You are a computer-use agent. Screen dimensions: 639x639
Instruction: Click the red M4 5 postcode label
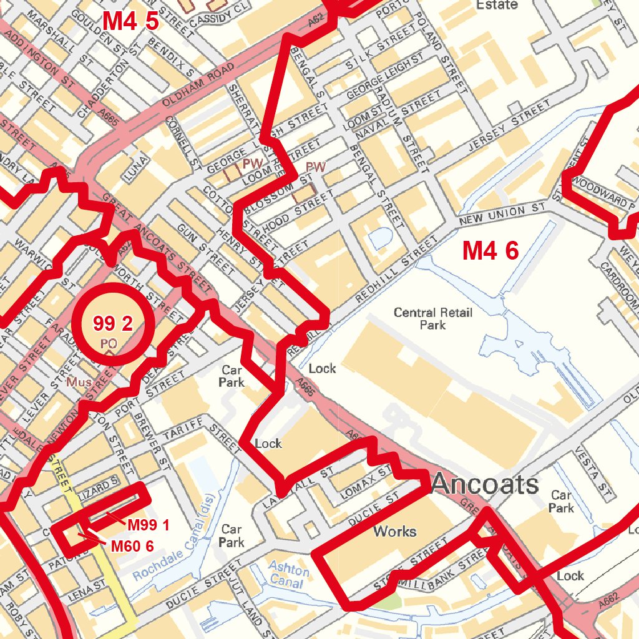(130, 21)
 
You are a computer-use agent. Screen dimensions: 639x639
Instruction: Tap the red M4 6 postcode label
(490, 251)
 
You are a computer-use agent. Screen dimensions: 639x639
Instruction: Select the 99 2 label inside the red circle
(113, 323)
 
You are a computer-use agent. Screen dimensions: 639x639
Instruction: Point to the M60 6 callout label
(132, 546)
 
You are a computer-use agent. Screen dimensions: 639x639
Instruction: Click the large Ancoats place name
(484, 484)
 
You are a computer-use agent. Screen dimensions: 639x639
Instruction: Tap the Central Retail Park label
(432, 318)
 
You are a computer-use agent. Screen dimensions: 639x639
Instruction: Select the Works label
(394, 532)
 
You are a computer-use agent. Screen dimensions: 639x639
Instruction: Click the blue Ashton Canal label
(288, 576)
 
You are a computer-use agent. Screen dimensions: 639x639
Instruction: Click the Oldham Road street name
(198, 85)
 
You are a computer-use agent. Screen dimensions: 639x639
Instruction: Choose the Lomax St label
(367, 482)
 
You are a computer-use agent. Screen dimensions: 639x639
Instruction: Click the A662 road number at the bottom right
(609, 601)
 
